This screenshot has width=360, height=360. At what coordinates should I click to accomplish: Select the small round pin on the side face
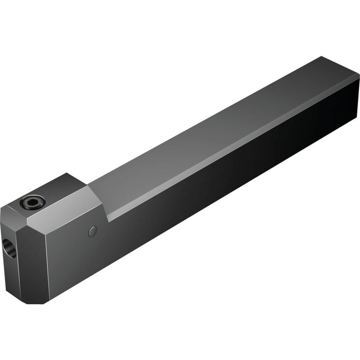point(93,231)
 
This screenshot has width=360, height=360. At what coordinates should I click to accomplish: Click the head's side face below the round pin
point(84,261)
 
